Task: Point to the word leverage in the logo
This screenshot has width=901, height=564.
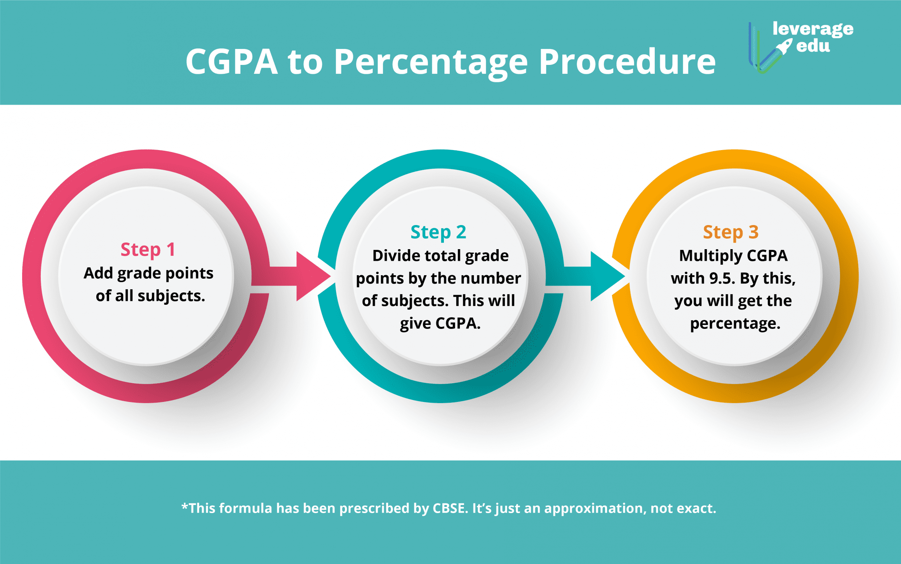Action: coord(813,30)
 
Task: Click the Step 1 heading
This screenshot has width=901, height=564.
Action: coord(148,250)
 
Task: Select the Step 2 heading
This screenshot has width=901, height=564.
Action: coord(438,232)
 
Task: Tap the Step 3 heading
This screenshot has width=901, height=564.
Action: coord(731,232)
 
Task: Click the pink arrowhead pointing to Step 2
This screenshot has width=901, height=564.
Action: coord(313,276)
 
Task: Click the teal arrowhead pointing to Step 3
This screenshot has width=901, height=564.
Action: coord(607,276)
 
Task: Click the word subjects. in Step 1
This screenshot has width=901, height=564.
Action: coord(171,296)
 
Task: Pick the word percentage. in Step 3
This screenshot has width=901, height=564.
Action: coord(735,323)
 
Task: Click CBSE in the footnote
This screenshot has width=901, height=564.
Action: coord(450,508)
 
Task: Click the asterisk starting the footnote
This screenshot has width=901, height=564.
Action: coord(185,506)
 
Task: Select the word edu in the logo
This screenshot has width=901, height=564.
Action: coord(813,46)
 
